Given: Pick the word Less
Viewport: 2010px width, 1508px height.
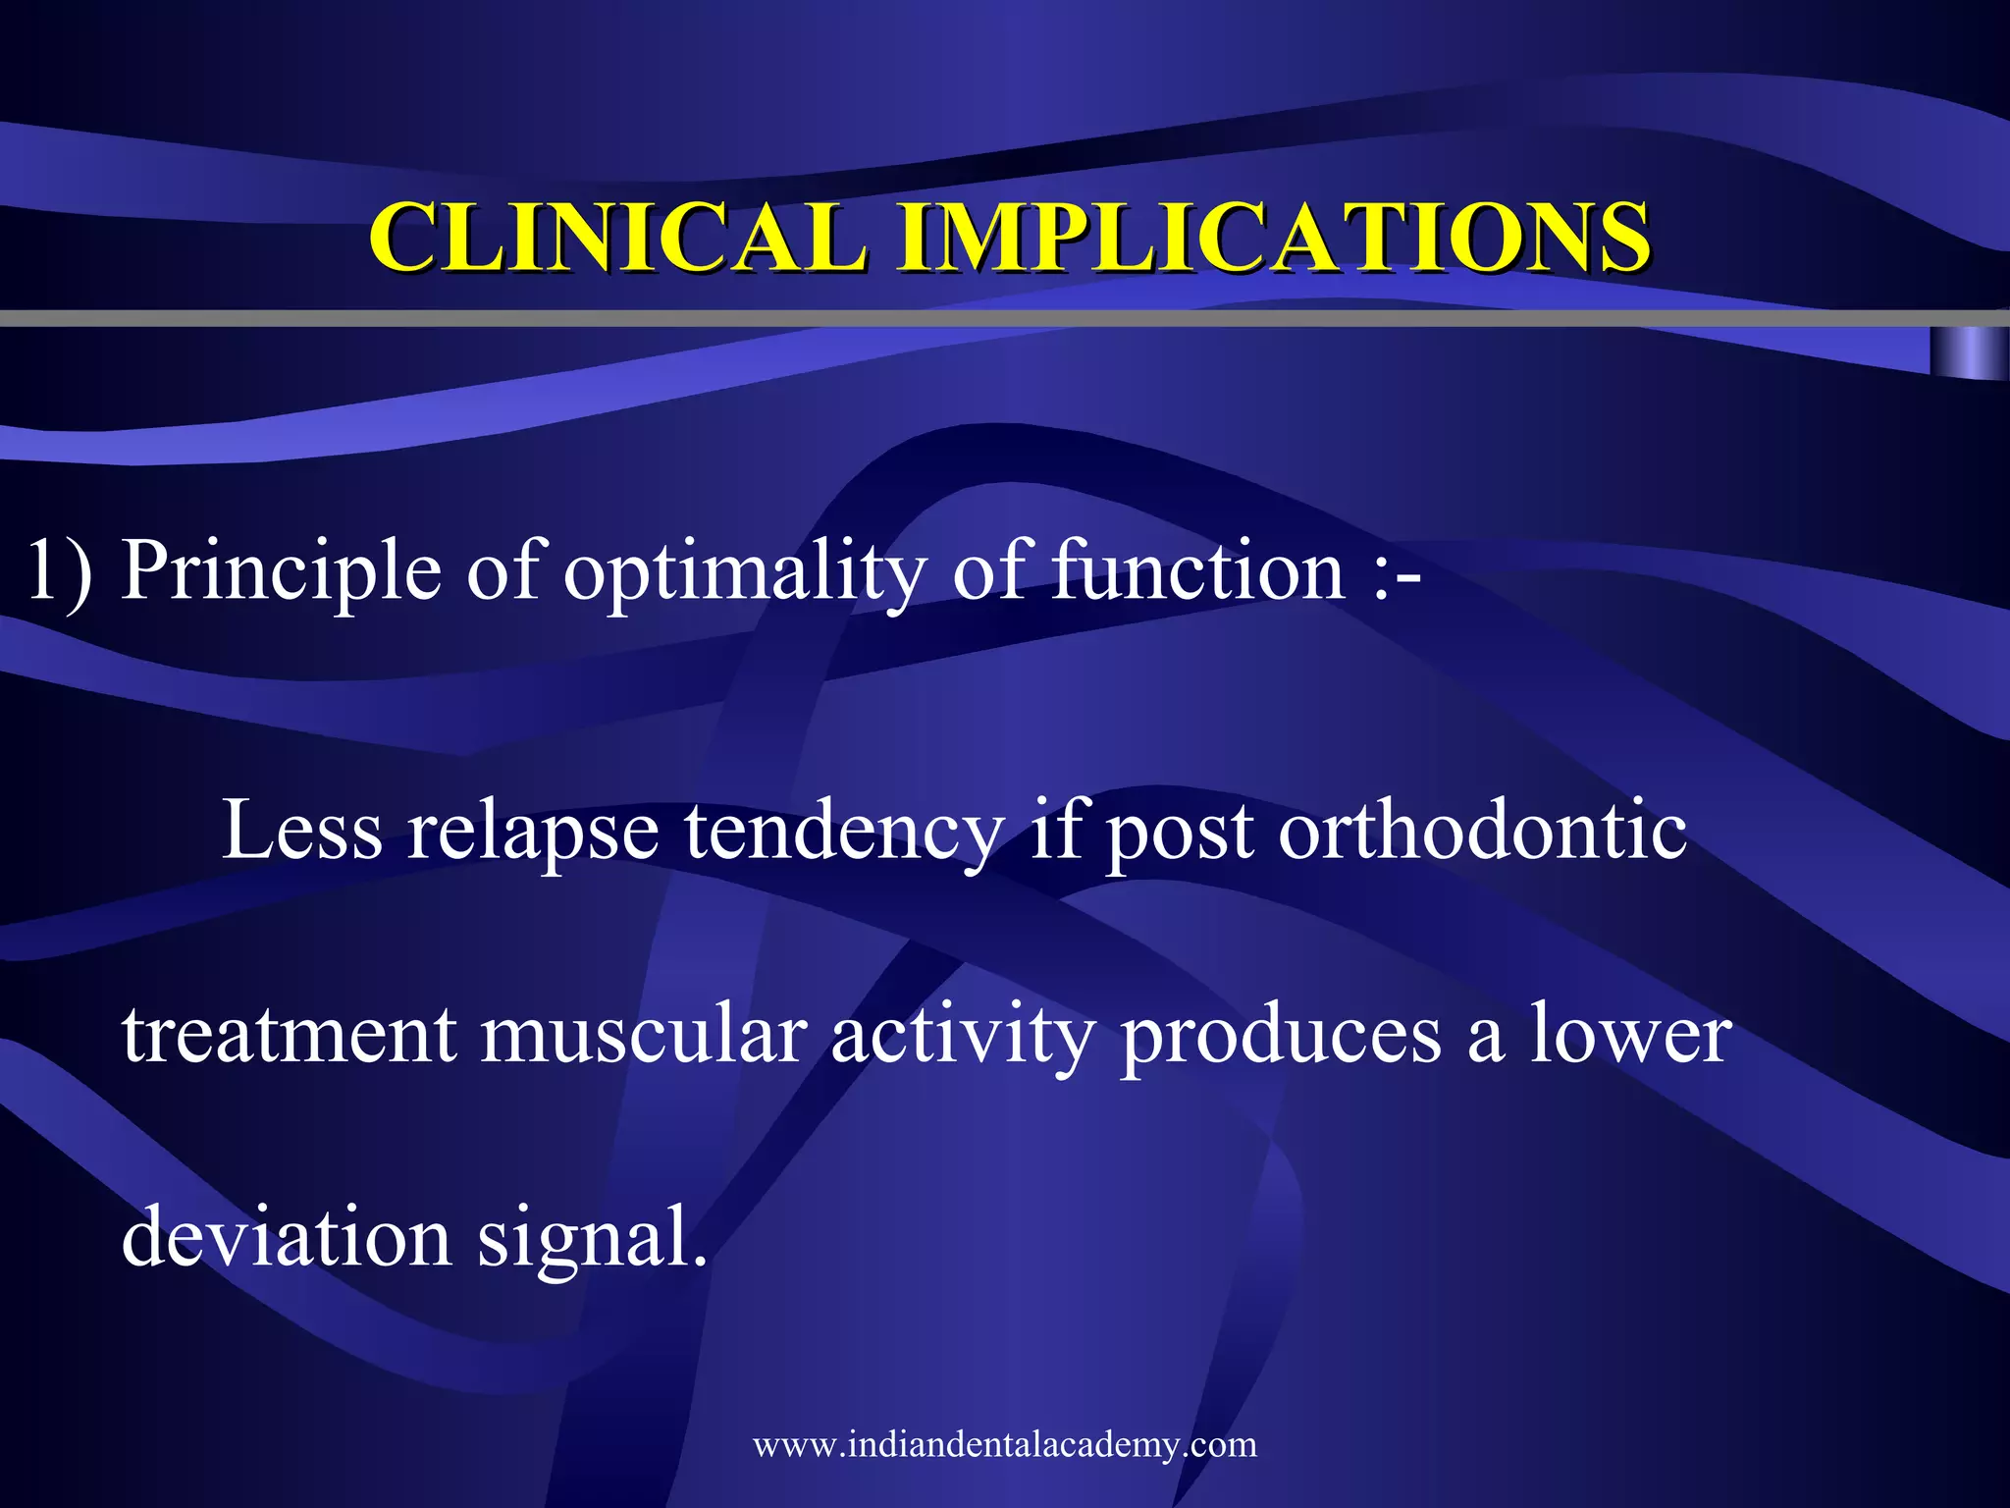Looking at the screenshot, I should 302,831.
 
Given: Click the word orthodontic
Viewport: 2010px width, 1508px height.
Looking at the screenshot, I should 1482,831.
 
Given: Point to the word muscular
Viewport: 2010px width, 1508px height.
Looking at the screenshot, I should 644,1035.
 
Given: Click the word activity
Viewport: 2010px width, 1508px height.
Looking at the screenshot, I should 962,1037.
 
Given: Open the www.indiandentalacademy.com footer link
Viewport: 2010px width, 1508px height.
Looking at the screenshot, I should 1005,1444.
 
